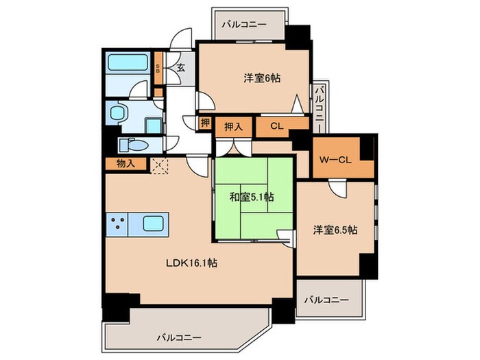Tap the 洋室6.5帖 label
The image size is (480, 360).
pos(335,230)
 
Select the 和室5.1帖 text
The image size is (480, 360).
pos(252,197)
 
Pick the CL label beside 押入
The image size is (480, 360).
pos(276,125)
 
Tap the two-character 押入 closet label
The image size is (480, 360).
pos(233,125)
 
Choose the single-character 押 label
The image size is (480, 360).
pos(205,123)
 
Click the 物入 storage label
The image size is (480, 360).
pos(125,163)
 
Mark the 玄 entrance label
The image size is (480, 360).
pos(180,68)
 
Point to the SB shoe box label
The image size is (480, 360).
pos(158,68)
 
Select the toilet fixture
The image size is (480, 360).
pos(130,145)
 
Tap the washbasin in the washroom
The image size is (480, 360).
pos(120,112)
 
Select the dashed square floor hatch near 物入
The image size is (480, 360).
pos(159,165)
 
